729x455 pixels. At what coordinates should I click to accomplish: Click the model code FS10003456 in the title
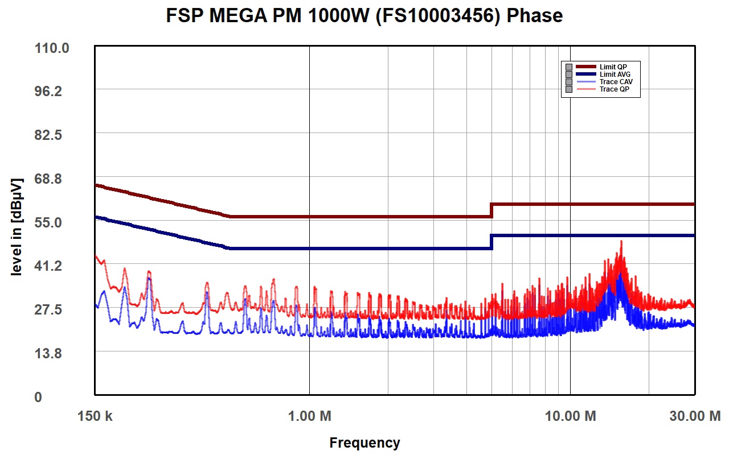(x=438, y=15)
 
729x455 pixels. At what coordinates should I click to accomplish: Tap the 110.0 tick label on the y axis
(x=52, y=48)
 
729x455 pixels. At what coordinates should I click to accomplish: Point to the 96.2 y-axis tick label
(x=48, y=92)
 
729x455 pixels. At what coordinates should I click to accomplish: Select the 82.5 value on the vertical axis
(x=48, y=135)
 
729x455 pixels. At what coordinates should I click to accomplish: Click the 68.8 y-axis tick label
(x=48, y=179)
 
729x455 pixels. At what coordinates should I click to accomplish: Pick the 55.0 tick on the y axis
(x=48, y=222)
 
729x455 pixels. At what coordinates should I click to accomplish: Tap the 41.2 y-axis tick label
(x=48, y=266)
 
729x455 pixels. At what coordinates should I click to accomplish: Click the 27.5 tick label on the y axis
(x=48, y=309)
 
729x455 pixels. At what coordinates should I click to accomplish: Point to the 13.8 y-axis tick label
(x=48, y=353)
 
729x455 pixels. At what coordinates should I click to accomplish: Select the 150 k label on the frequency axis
(x=95, y=416)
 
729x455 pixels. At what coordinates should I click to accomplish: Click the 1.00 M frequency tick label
(x=309, y=416)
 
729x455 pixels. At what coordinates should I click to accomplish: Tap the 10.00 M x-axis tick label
(x=571, y=416)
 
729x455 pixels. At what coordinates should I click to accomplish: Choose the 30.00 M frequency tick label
(x=695, y=416)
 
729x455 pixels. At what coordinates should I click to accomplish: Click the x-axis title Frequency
(x=364, y=443)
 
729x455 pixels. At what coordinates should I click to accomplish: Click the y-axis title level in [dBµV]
(x=17, y=226)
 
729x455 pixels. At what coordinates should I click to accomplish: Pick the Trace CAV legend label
(x=616, y=81)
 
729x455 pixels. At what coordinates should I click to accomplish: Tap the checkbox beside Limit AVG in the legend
(x=569, y=75)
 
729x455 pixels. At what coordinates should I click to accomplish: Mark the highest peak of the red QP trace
(x=621, y=241)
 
